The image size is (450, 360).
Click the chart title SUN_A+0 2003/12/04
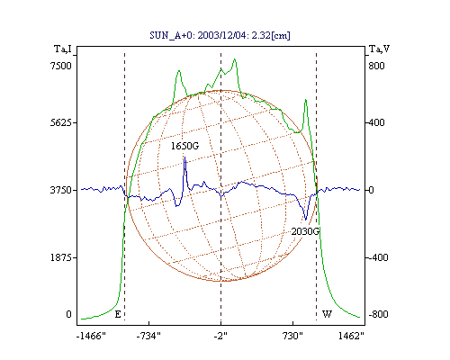pos(220,35)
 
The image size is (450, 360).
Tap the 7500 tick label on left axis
pos(61,66)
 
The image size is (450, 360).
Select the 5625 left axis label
pos(62,122)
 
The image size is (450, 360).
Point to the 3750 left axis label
pos(61,190)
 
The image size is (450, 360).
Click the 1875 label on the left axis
pos(62,257)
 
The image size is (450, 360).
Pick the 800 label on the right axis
pos(376,66)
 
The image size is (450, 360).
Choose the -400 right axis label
pos(377,257)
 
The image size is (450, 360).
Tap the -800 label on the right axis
pos(378,314)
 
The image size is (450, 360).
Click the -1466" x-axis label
pos(91,336)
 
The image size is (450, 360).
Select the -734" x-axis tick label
pos(148,336)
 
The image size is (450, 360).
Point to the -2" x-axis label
pos(220,336)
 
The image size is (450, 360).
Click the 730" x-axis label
pos(292,336)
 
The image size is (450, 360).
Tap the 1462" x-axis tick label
pos(351,336)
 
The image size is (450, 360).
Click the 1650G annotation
pos(184,146)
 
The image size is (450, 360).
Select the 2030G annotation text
pos(305,231)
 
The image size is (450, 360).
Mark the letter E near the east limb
pos(118,314)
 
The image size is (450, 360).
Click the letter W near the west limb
pos(327,314)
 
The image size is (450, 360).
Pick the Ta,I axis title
pos(63,49)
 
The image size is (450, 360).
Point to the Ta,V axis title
pos(379,49)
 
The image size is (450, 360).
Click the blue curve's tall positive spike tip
pos(184,157)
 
